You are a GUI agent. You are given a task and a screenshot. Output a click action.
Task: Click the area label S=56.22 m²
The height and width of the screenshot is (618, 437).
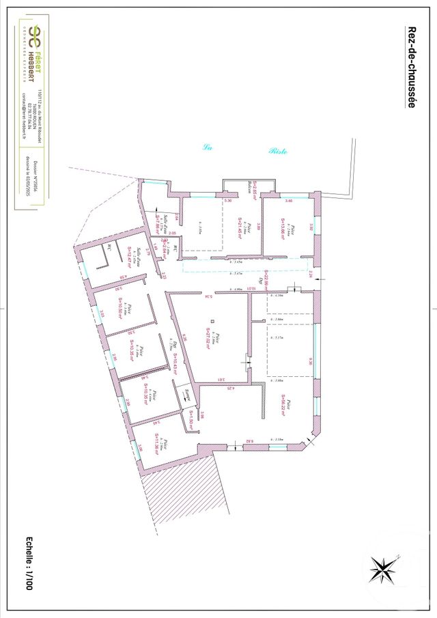pyautogui.click(x=280, y=410)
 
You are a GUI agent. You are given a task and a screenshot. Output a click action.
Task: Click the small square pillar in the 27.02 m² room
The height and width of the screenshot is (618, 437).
pyautogui.click(x=212, y=321)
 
